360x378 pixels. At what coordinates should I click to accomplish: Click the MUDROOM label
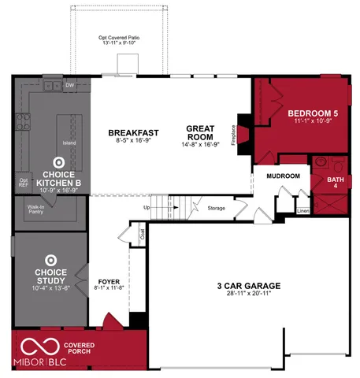click(x=283, y=176)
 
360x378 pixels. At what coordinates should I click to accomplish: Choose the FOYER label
click(x=109, y=281)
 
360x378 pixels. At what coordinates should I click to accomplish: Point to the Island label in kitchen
click(x=69, y=143)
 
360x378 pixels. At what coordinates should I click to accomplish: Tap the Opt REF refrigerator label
click(x=23, y=182)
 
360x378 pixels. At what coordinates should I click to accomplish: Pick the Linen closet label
click(x=302, y=210)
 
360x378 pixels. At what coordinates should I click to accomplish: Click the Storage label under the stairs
click(x=217, y=208)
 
